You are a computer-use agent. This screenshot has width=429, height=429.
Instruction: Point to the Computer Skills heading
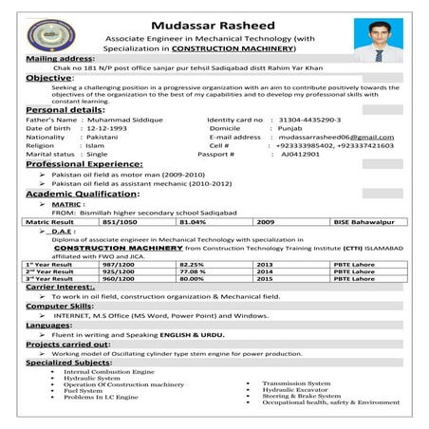[60, 308]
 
